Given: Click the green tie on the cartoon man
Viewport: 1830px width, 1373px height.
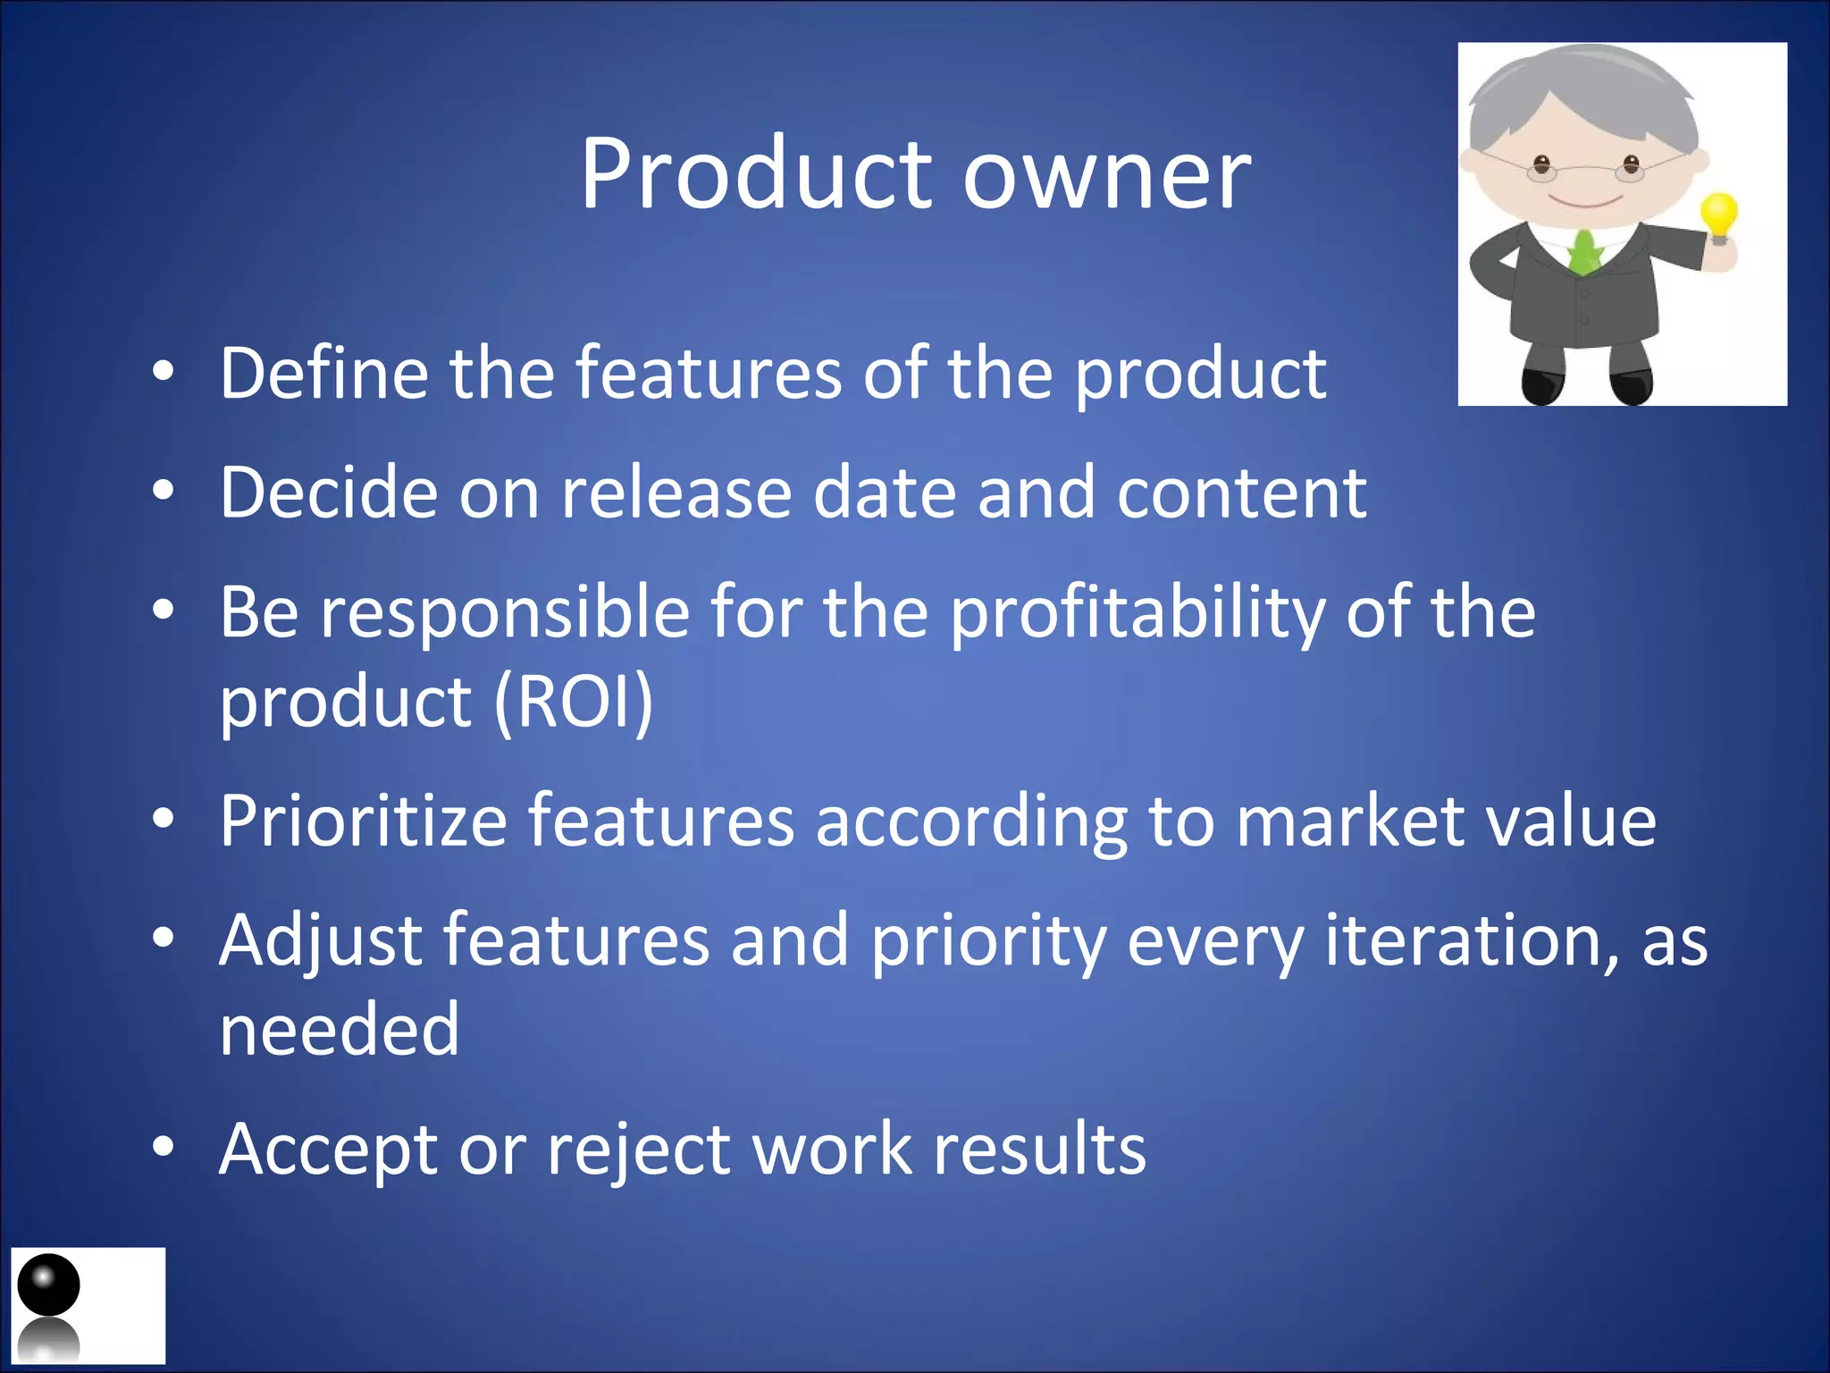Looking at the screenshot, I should [1584, 251].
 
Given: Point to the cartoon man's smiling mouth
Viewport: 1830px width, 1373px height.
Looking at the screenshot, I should [1586, 199].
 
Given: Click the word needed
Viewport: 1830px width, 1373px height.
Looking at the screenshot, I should [340, 1030].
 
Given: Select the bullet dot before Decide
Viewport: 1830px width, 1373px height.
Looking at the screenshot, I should [163, 491].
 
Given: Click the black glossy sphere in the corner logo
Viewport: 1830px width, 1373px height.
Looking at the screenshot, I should [48, 1284].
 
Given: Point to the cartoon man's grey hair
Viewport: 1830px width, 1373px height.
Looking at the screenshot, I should [1582, 89].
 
